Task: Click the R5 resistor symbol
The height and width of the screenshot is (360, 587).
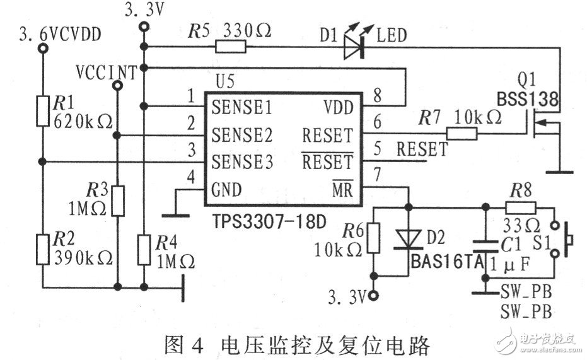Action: [230, 47]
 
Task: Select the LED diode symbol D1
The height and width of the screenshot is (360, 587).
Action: [355, 47]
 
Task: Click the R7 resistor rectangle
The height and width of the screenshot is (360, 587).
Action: [463, 133]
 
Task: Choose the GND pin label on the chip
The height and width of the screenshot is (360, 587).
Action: [227, 189]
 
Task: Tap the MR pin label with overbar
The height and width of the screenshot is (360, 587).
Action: [343, 190]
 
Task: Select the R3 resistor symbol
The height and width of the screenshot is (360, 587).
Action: [117, 200]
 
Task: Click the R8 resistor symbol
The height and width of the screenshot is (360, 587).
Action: [521, 206]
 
